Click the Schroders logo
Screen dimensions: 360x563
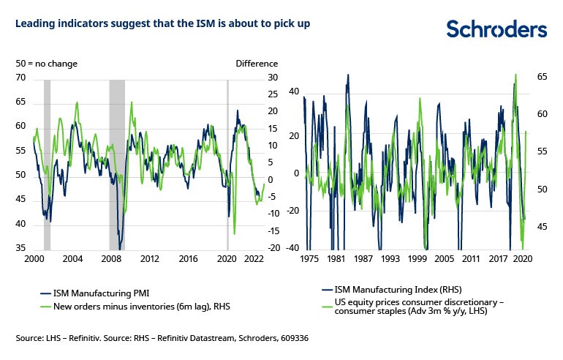pos(496,29)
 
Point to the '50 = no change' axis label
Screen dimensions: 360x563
pos(47,64)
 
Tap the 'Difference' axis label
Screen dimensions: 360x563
pos(257,64)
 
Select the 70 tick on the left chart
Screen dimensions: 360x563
pos(21,78)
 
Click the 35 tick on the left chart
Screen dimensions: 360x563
pos(21,249)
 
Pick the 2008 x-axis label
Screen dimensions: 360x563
pos(110,259)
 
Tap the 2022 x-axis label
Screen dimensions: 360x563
pos(254,259)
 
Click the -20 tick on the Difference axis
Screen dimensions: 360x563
pos(253,249)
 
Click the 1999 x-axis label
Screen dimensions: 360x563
pos(418,259)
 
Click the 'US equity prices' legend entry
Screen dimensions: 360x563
pos(417,307)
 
